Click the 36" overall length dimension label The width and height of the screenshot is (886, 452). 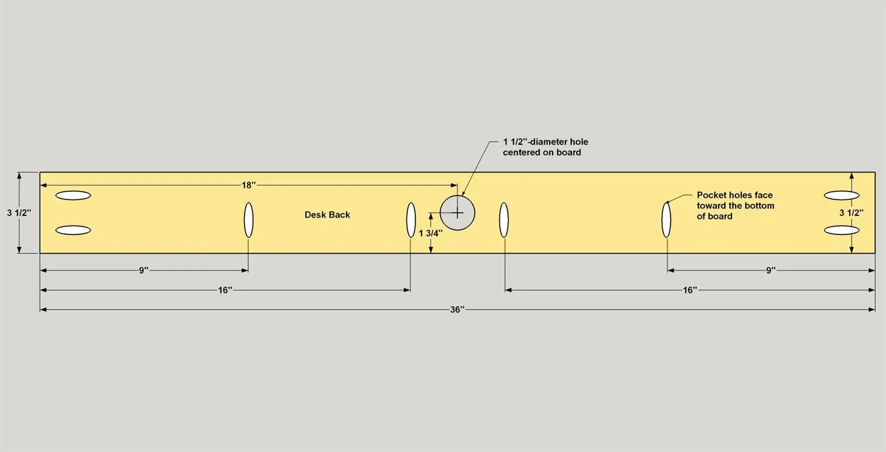click(457, 310)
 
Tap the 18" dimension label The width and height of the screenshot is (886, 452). click(249, 185)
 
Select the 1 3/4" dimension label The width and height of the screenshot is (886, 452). click(431, 233)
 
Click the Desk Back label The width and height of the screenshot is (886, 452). click(327, 215)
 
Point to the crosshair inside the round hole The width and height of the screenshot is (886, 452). click(457, 213)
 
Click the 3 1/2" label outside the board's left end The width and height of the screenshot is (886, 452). click(19, 213)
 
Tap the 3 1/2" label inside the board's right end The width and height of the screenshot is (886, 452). click(851, 213)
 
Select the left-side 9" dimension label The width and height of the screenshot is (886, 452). click(144, 271)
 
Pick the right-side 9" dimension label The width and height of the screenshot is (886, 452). click(771, 271)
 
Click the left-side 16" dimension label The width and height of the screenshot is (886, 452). click(225, 290)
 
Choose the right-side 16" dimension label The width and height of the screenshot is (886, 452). click(690, 290)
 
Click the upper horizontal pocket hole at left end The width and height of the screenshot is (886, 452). click(73, 195)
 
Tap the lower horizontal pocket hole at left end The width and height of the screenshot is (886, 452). click(73, 230)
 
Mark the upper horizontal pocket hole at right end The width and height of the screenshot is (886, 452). click(842, 195)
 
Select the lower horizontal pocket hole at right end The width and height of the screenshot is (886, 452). click(842, 230)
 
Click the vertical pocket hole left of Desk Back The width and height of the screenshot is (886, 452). click(249, 220)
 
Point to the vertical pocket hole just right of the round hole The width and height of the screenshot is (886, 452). click(504, 220)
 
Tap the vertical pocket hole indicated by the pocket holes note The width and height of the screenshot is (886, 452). click(667, 220)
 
